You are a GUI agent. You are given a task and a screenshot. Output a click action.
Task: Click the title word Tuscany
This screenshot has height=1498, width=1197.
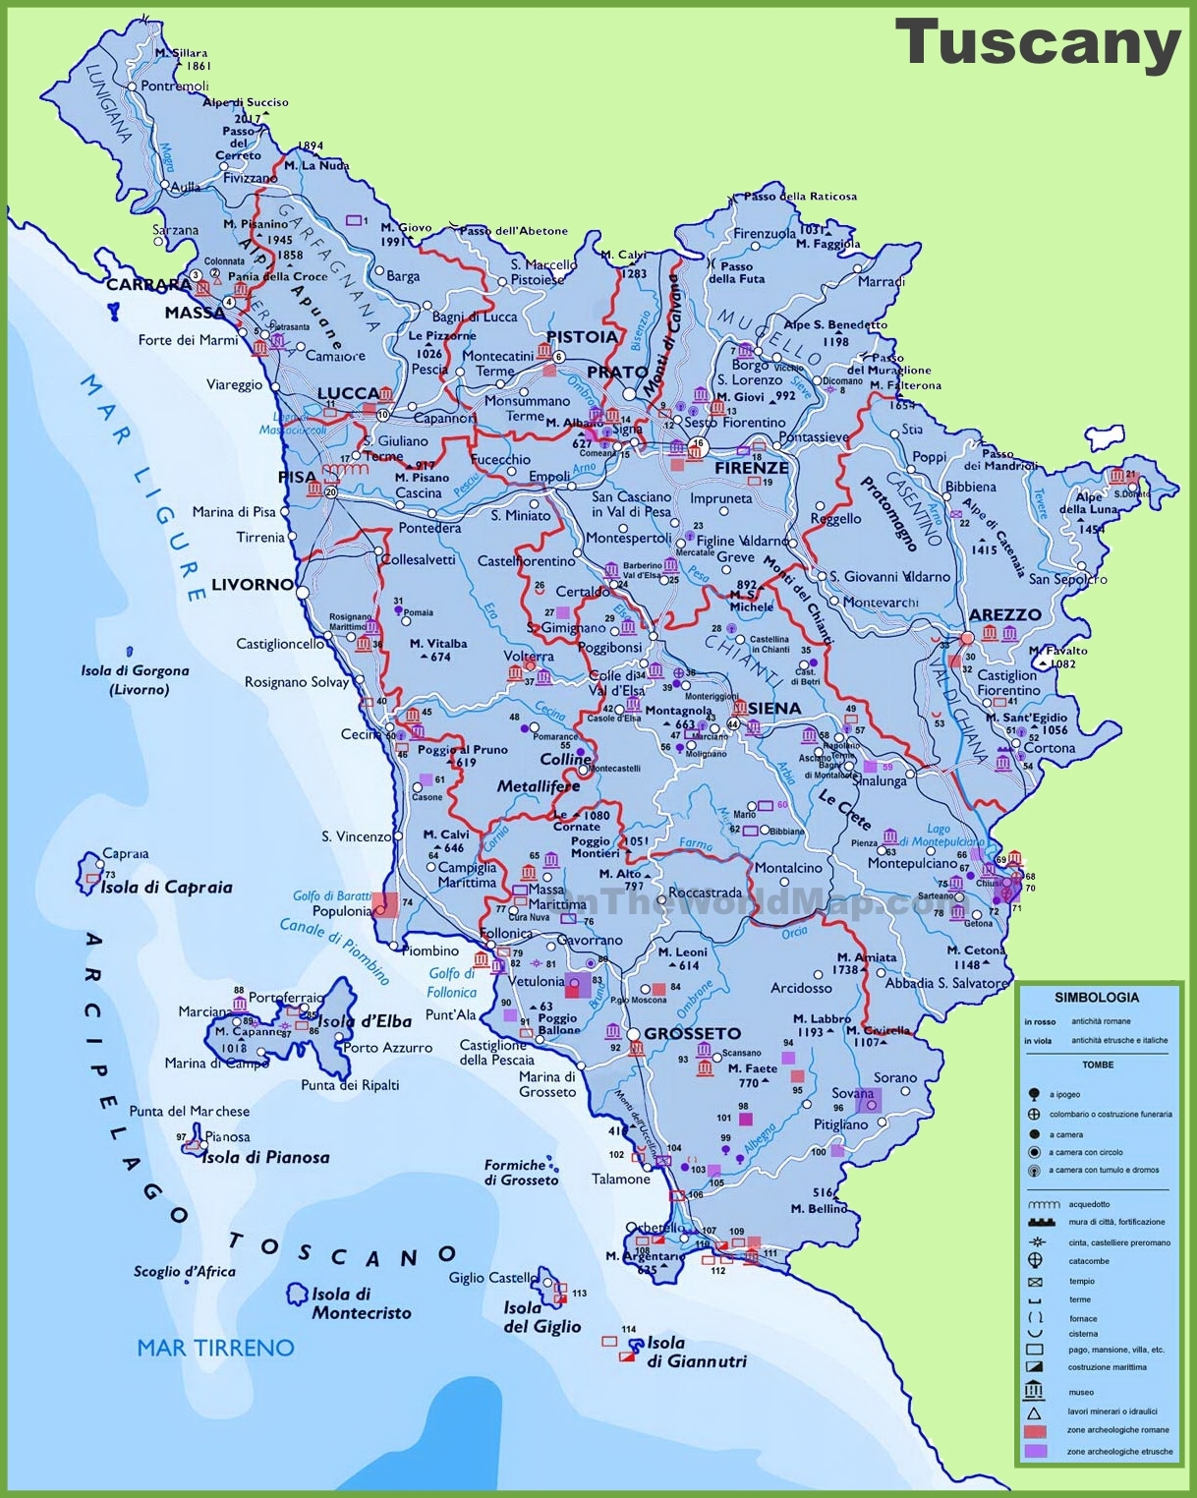pyautogui.click(x=1037, y=43)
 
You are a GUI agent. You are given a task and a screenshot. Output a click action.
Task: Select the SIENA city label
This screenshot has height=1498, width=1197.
pyautogui.click(x=774, y=708)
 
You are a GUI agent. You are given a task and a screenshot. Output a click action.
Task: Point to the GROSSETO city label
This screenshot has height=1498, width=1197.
pyautogui.click(x=693, y=1033)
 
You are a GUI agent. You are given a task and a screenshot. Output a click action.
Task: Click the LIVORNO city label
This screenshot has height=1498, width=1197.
pyautogui.click(x=253, y=584)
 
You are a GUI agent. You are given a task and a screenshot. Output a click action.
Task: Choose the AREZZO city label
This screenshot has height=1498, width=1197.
pyautogui.click(x=1004, y=614)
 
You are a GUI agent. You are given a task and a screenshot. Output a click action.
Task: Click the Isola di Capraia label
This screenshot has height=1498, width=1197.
pyautogui.click(x=166, y=887)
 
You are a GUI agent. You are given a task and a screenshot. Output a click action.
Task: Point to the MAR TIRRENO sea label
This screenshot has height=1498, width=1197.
pyautogui.click(x=215, y=1348)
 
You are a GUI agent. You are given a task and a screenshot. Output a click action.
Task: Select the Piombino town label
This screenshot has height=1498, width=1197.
pyautogui.click(x=430, y=951)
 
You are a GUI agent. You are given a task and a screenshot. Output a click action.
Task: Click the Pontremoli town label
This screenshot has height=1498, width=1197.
pyautogui.click(x=175, y=86)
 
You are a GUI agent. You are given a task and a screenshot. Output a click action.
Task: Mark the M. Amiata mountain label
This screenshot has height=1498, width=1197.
pyautogui.click(x=866, y=956)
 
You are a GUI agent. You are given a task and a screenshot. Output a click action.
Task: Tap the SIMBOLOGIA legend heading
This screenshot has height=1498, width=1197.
pyautogui.click(x=1097, y=997)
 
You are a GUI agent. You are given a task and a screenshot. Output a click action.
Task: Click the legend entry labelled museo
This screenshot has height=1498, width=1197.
pyautogui.click(x=1081, y=1392)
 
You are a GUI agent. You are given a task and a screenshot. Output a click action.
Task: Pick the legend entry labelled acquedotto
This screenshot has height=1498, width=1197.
pyautogui.click(x=1089, y=1204)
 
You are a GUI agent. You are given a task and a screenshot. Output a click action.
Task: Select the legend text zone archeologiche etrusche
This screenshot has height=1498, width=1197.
pyautogui.click(x=1119, y=1451)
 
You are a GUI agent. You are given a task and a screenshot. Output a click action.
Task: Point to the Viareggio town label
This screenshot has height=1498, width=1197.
pyautogui.click(x=234, y=384)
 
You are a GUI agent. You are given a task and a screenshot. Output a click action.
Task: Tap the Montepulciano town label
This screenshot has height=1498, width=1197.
pyautogui.click(x=912, y=863)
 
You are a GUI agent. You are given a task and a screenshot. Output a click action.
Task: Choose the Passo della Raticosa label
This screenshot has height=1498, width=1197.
pyautogui.click(x=800, y=196)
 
